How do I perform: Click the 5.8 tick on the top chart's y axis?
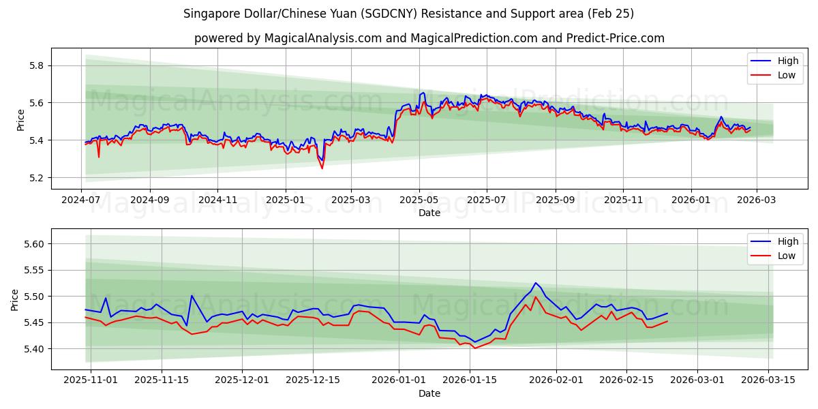(x=35, y=65)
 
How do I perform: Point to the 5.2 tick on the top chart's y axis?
(x=35, y=178)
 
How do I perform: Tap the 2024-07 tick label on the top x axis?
(x=82, y=200)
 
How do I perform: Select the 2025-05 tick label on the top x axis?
(x=419, y=200)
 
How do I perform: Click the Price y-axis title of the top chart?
(x=20, y=120)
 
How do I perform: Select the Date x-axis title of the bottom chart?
(x=429, y=393)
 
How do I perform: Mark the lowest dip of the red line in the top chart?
(x=322, y=168)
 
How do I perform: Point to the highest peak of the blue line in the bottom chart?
(x=535, y=283)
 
